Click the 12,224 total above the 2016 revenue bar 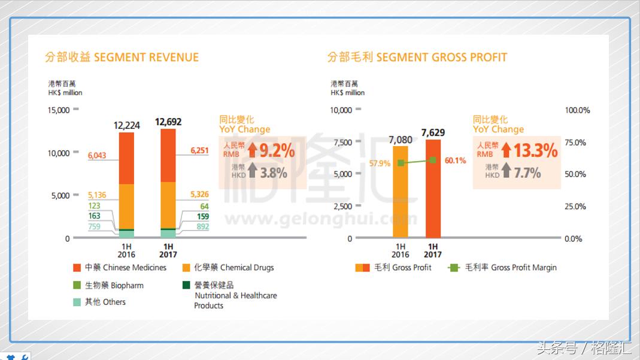click(127, 125)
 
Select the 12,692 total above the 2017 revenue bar click(168, 122)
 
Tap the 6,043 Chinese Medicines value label click(97, 156)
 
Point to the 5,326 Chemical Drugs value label click(199, 195)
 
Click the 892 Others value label click(203, 227)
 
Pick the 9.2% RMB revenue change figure click(276, 150)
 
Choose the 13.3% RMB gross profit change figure click(535, 150)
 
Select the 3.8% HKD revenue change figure click(274, 173)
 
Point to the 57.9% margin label click(380, 163)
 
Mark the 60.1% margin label click(455, 161)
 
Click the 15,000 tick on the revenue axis click(59, 110)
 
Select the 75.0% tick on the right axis click(577, 143)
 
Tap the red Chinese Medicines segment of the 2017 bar click(168, 155)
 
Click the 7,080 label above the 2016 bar click(401, 140)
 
